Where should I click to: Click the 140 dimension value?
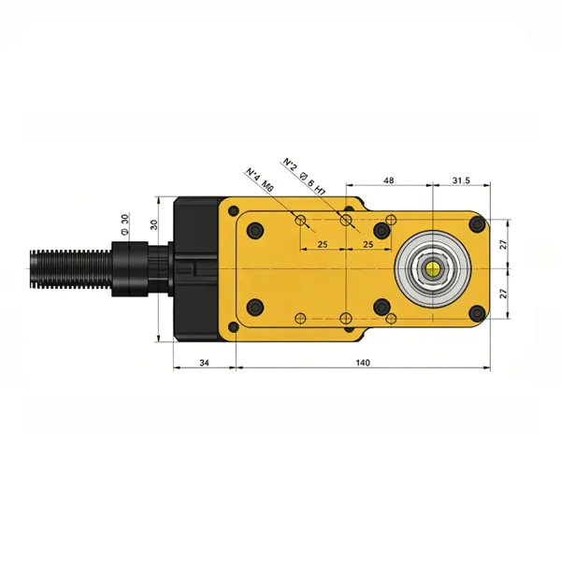coord(363,363)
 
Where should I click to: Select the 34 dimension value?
coord(204,363)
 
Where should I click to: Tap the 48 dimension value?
coord(389,180)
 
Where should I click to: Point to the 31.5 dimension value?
coord(461,180)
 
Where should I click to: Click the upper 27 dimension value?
coord(504,245)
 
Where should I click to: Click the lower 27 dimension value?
coord(504,294)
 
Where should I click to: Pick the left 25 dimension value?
coord(323,244)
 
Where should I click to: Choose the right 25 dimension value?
coord(368,244)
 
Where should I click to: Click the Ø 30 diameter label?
coord(124,223)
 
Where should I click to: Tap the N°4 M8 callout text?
coord(260,179)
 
